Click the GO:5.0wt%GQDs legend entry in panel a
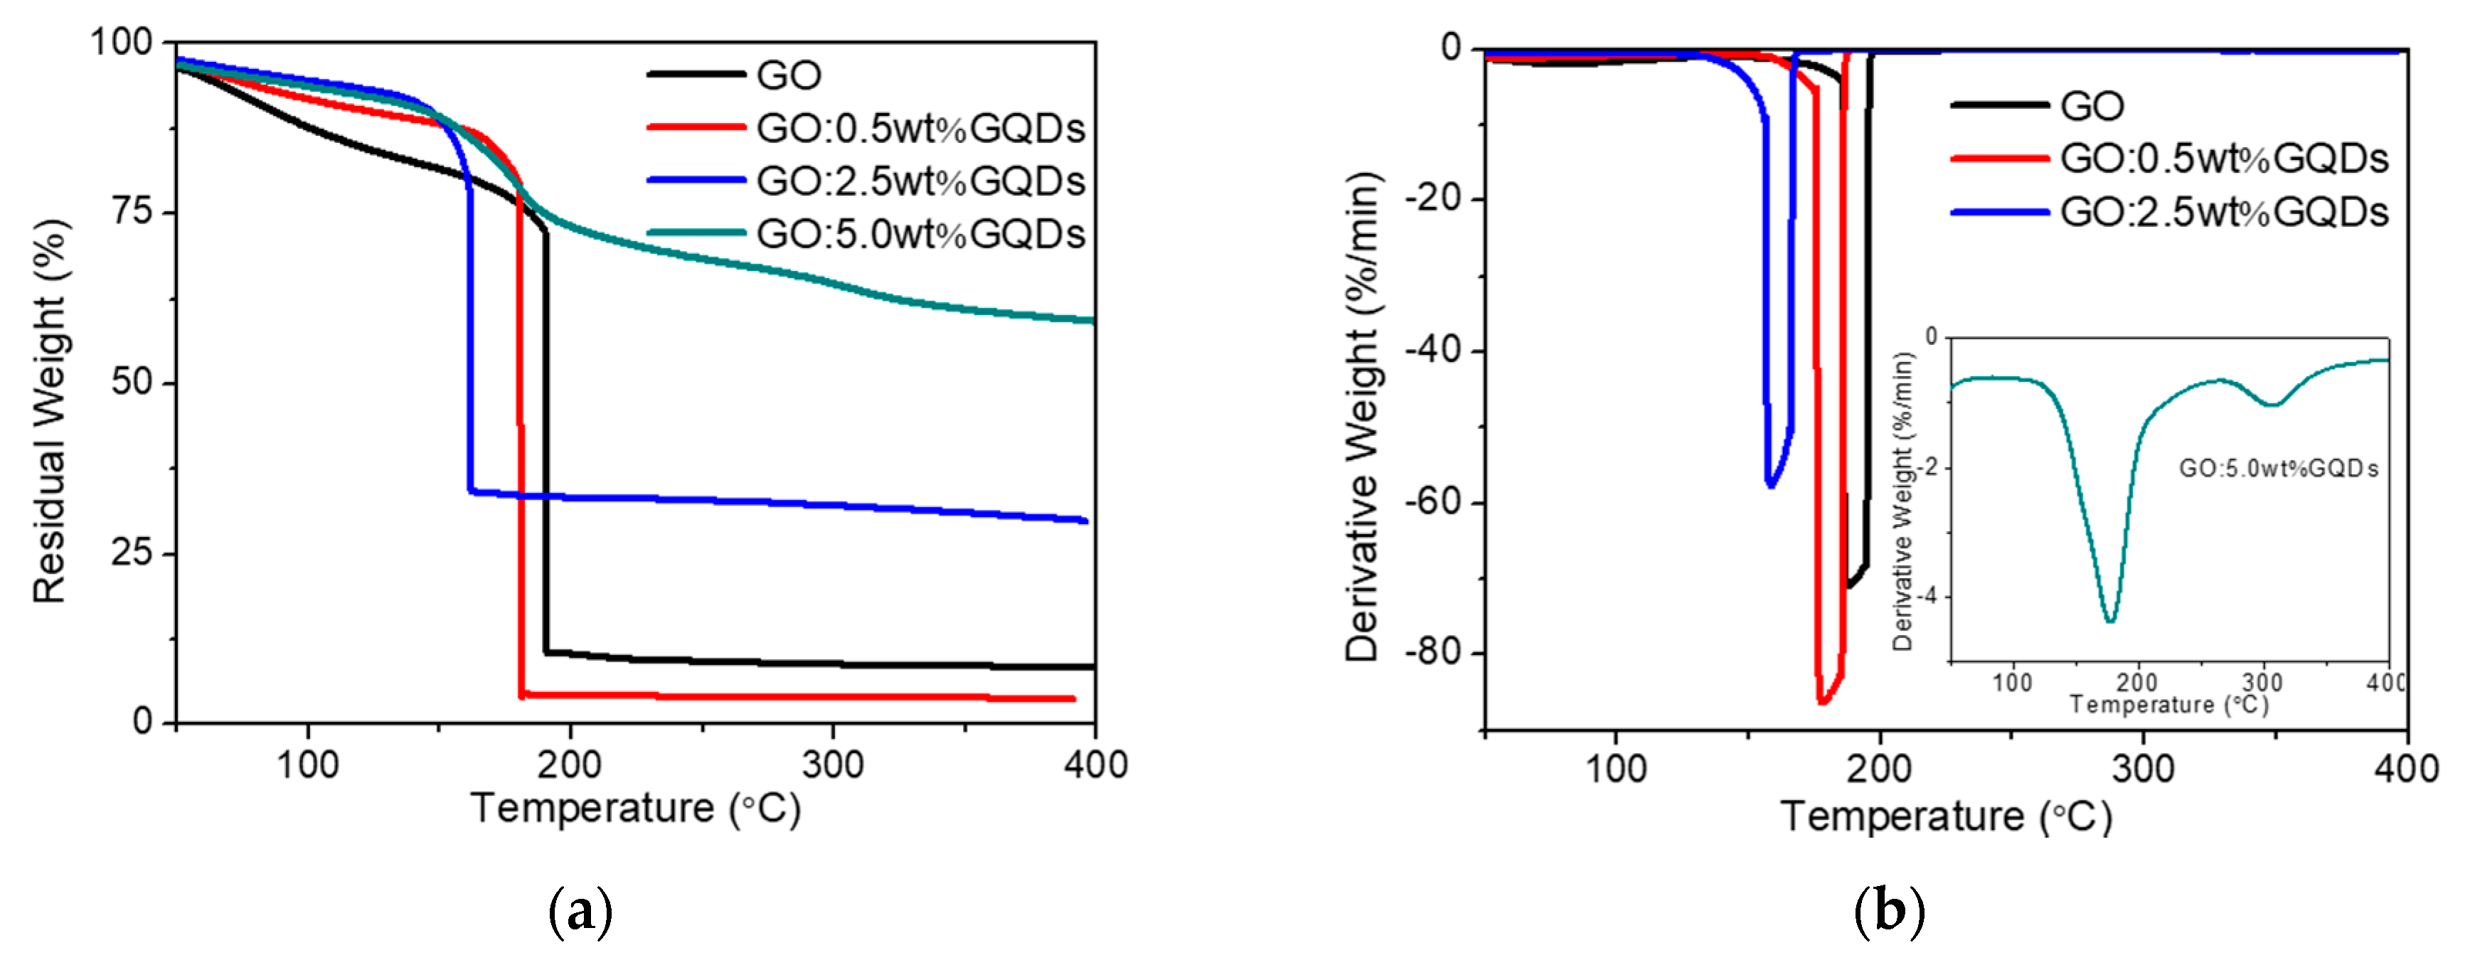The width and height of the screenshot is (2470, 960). pos(920,233)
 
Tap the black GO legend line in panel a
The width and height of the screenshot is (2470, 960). pos(696,75)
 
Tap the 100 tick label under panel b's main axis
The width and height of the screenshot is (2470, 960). pos(1616,770)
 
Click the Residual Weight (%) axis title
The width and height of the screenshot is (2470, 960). pos(50,412)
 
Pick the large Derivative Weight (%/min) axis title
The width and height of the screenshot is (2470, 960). pos(1361,417)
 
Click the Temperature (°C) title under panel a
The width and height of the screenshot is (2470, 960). pos(635,809)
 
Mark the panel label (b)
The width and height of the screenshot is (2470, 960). pos(1888,910)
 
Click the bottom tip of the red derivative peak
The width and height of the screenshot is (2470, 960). pos(1822,702)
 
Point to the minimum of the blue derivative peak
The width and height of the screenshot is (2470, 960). pos(1770,485)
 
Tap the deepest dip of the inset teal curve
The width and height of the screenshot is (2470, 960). pos(2109,621)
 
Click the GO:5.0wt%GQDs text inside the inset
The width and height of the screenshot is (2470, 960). pos(2278,469)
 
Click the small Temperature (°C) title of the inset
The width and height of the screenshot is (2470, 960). pos(2169,705)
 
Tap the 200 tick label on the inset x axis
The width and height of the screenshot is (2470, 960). pos(2137,683)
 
